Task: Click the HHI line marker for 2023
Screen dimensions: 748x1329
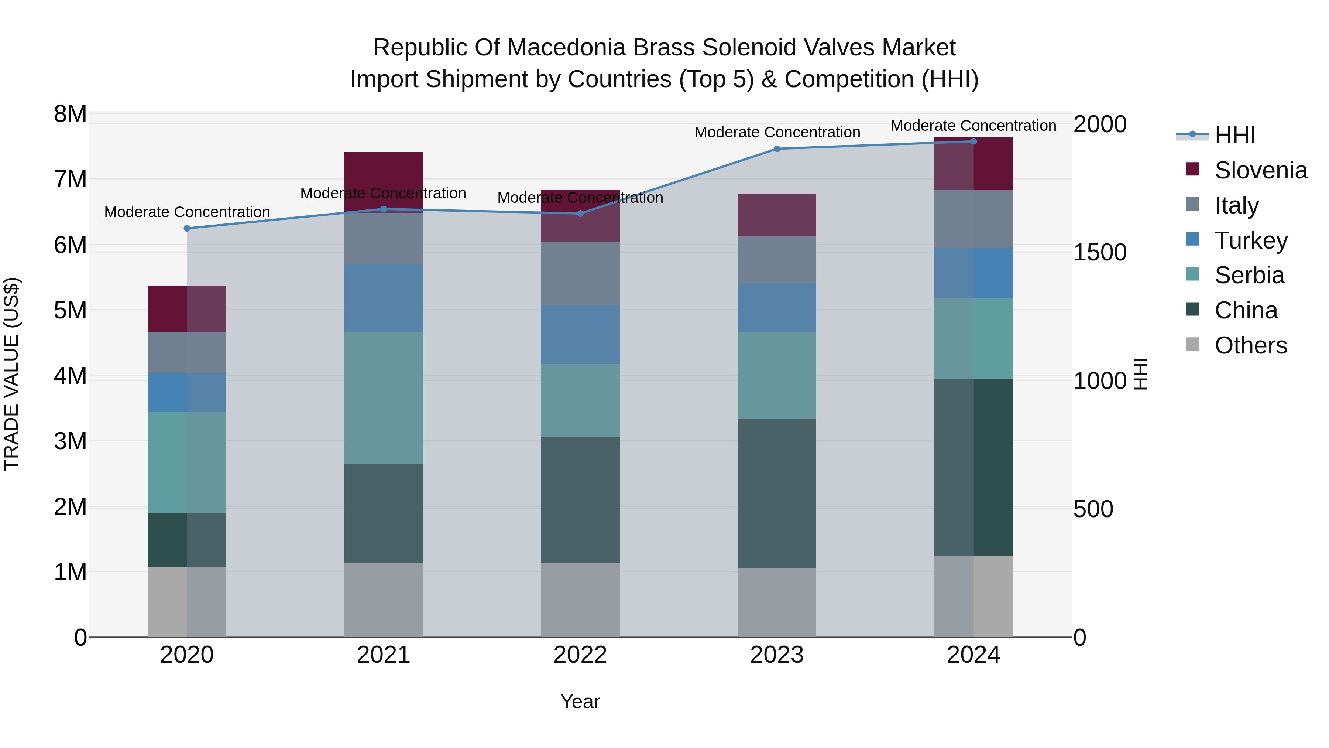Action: click(777, 148)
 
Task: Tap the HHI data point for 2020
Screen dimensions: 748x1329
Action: click(187, 228)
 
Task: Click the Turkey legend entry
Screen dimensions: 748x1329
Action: click(1251, 240)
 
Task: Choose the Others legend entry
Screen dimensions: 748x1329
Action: click(1251, 345)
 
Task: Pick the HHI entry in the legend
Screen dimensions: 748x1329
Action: click(1234, 135)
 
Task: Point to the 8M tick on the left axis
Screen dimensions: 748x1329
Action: click(70, 114)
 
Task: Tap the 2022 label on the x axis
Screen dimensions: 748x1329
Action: click(580, 655)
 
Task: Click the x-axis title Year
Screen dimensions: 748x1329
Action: click(580, 701)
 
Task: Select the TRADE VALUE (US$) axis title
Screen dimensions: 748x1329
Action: click(12, 374)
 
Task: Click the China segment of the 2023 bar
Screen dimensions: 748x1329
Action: click(777, 493)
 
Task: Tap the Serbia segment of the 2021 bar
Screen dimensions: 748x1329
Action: click(383, 397)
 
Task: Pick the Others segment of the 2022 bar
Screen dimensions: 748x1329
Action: click(580, 600)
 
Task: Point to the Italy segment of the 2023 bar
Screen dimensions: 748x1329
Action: click(777, 259)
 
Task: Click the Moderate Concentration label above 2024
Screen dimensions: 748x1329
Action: click(973, 126)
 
